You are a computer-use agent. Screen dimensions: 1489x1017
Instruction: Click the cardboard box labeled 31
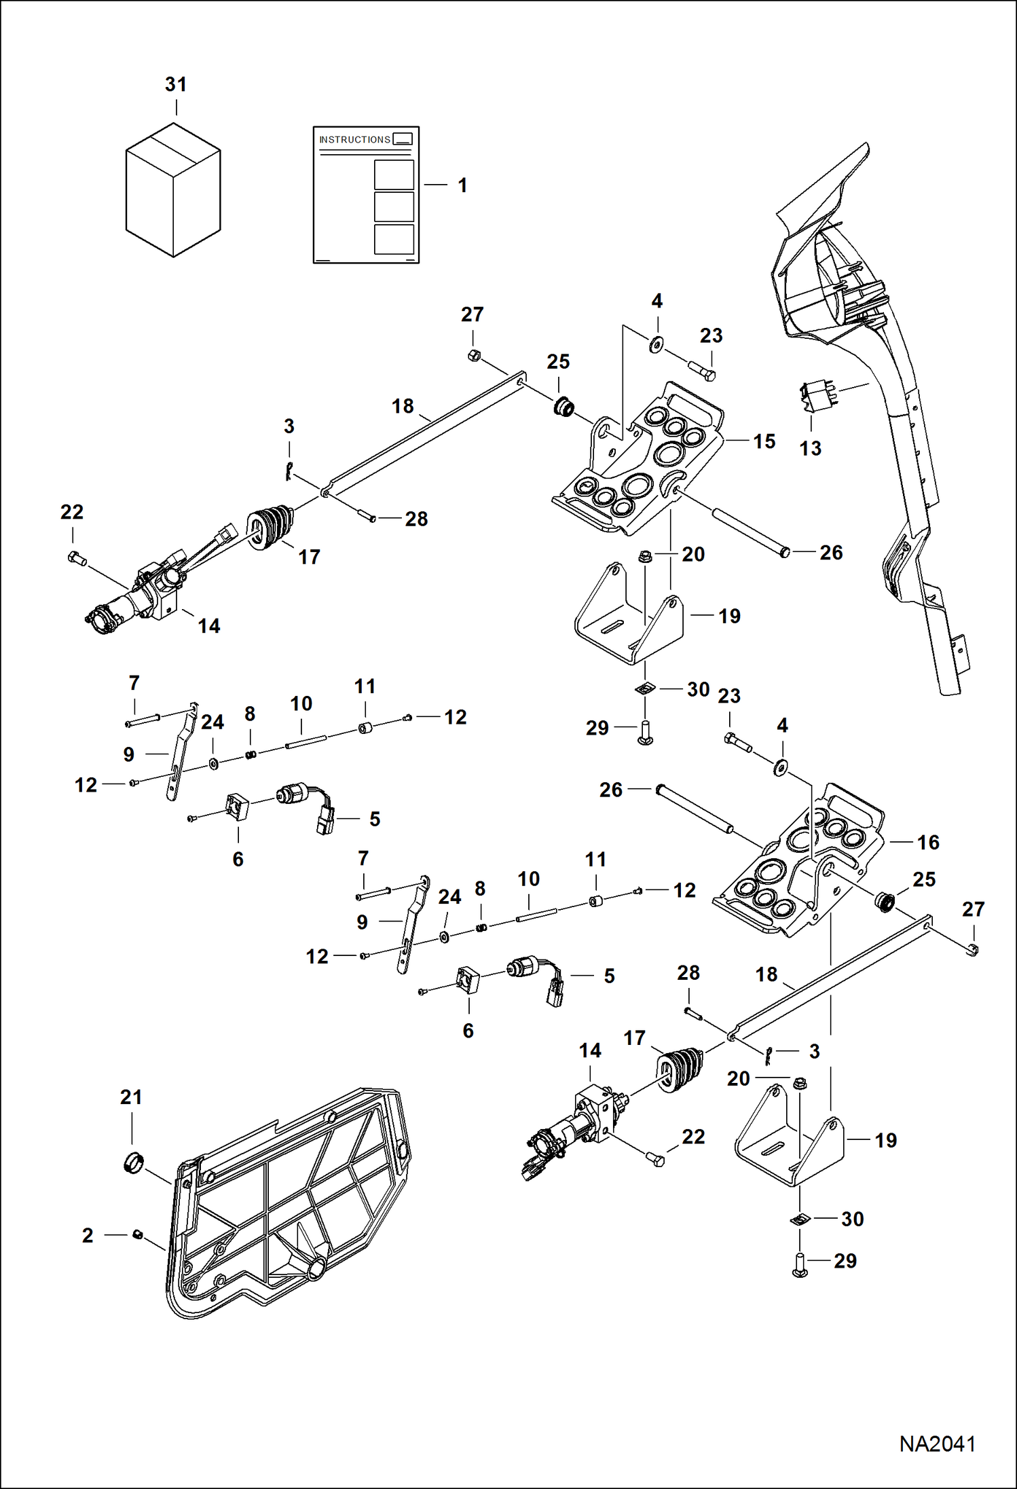(173, 190)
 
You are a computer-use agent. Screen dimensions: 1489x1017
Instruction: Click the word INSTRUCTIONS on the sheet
(354, 139)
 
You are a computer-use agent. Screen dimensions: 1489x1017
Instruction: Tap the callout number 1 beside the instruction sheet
(462, 185)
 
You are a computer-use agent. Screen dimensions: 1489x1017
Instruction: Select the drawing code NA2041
(937, 1444)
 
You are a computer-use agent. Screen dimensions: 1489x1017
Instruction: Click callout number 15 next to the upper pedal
(764, 441)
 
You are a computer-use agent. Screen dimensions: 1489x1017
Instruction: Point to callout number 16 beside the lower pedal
(928, 843)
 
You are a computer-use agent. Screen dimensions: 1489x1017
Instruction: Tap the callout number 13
(810, 448)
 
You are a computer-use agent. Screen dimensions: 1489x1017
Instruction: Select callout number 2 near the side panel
(88, 1235)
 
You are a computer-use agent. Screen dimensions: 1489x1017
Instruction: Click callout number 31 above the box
(176, 85)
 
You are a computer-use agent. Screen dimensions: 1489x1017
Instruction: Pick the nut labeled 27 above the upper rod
(475, 354)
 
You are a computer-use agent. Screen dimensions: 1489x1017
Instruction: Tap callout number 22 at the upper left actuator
(72, 512)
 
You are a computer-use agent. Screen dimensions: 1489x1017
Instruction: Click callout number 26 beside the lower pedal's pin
(610, 790)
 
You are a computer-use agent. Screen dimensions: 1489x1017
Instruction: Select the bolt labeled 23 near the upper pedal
(703, 371)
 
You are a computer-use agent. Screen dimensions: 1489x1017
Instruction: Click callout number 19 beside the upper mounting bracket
(730, 617)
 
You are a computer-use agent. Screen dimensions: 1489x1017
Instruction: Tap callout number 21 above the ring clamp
(131, 1097)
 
